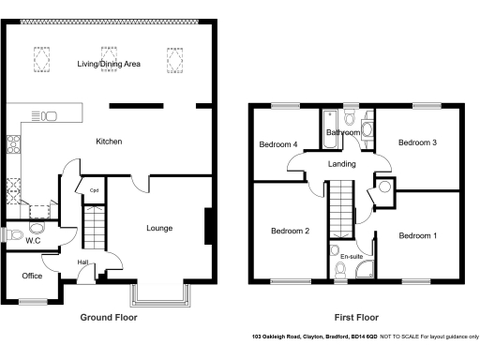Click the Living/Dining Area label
tap(109, 63)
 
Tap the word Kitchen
tap(110, 142)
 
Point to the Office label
tap(33, 276)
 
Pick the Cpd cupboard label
tap(95, 190)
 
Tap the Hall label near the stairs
tap(82, 262)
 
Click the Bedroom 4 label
tap(278, 145)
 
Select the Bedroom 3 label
tap(417, 142)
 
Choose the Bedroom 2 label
tap(290, 231)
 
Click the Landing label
tap(340, 165)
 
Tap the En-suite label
tap(352, 255)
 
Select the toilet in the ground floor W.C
tap(37, 228)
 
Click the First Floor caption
tap(357, 317)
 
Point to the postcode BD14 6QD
tap(367, 337)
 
